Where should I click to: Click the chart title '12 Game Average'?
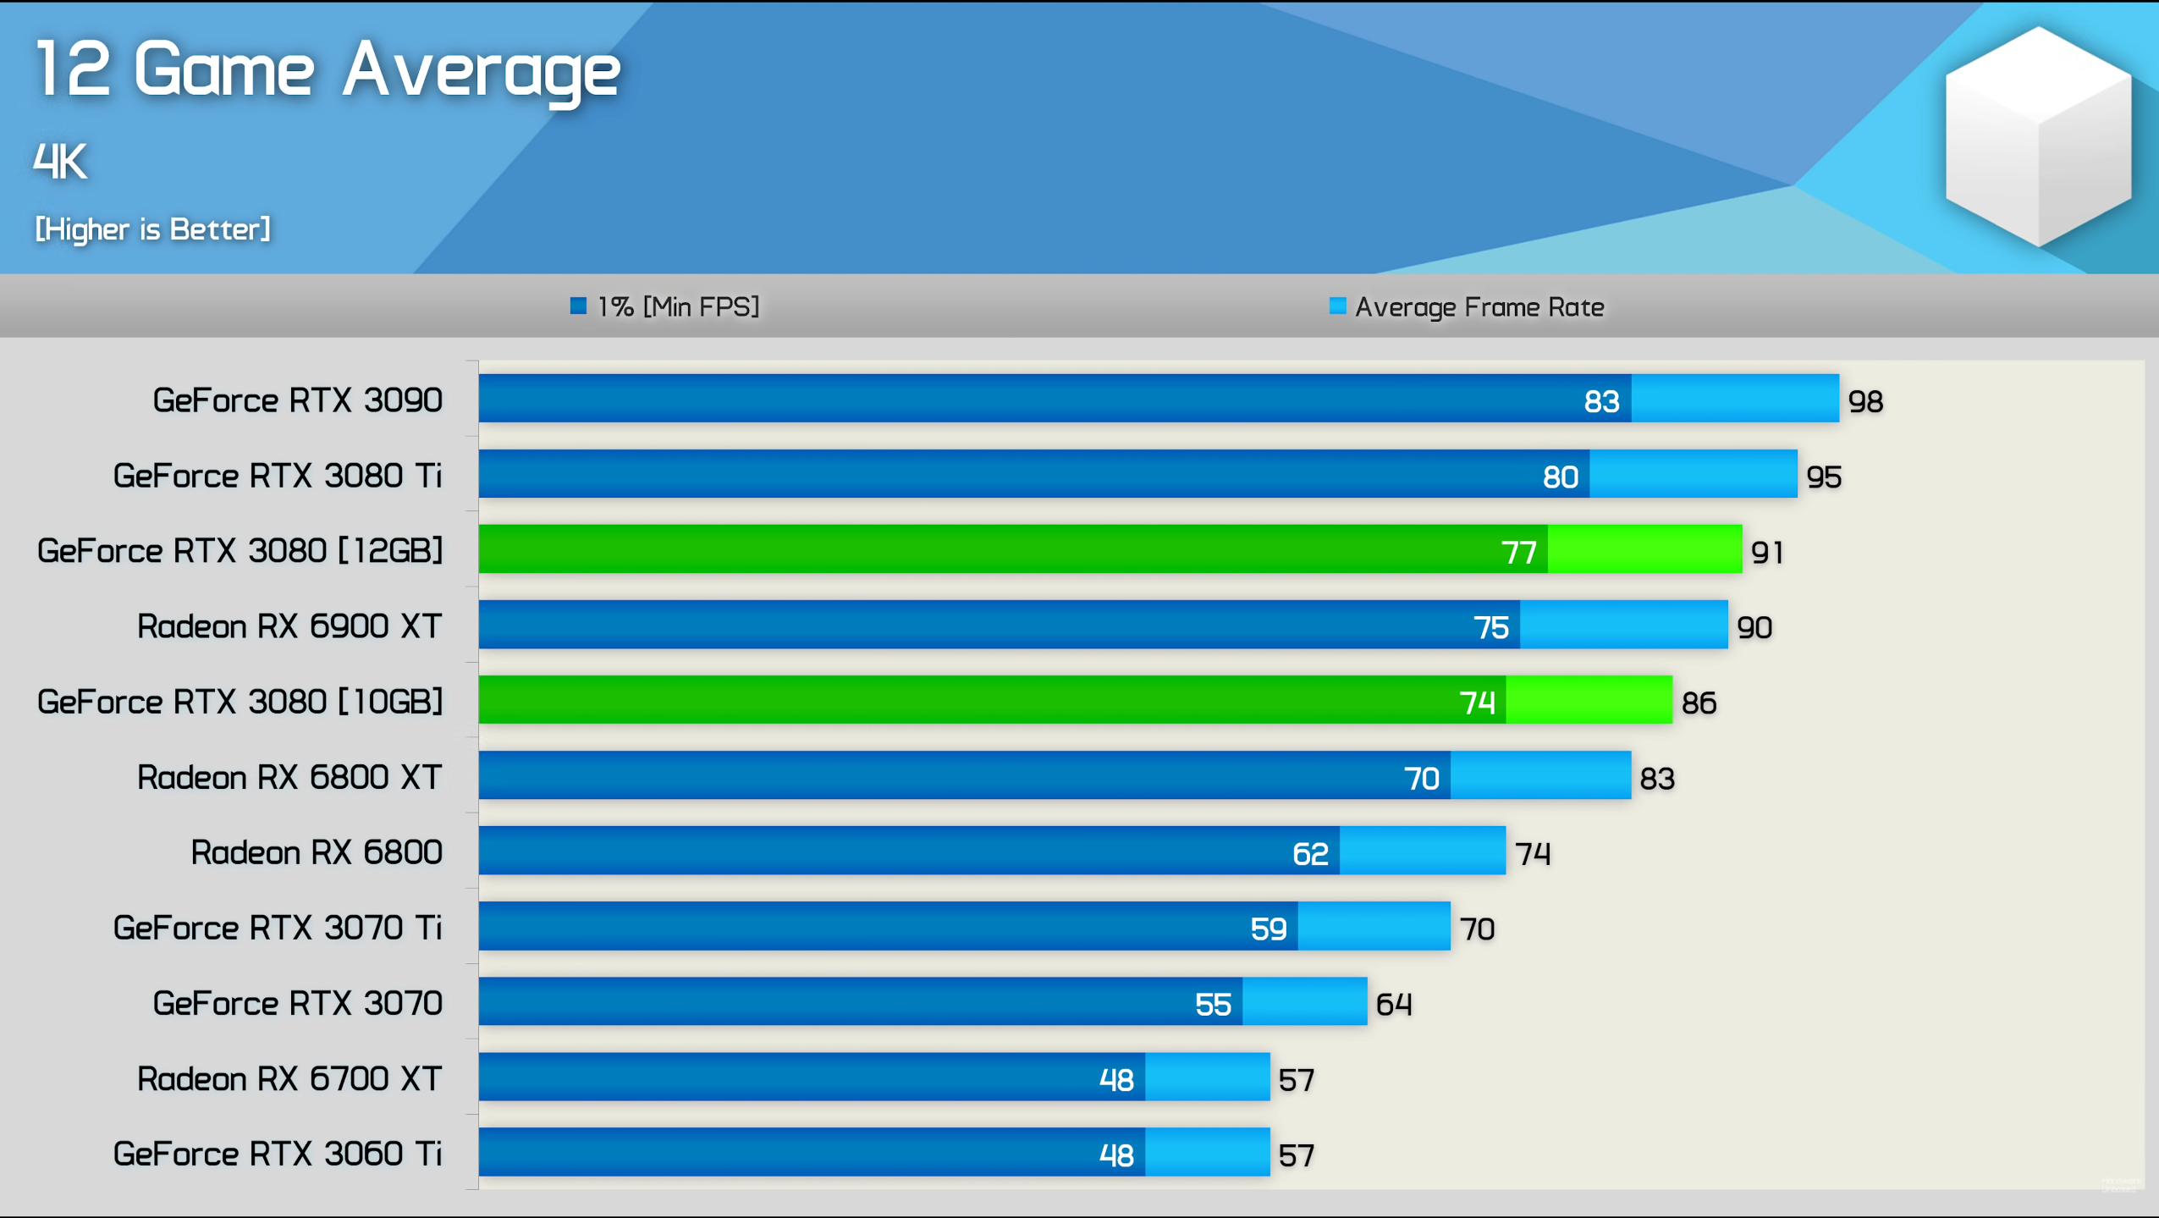(328, 71)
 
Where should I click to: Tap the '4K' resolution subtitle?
(60, 161)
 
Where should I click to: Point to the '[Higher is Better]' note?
(152, 229)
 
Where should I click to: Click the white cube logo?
(2037, 135)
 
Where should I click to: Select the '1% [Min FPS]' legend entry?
(666, 306)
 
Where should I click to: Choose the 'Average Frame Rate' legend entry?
(1468, 306)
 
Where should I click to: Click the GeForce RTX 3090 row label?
(297, 400)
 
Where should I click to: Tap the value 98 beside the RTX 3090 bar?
(1864, 401)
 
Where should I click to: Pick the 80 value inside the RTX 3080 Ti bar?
(1560, 477)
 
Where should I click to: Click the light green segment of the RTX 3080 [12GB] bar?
(1644, 549)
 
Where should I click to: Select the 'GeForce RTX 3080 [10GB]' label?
(240, 702)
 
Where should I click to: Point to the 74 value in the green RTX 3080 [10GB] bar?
(1477, 703)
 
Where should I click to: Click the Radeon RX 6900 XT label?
(289, 626)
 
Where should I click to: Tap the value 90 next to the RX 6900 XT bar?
(1754, 628)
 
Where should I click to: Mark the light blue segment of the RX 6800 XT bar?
(1539, 776)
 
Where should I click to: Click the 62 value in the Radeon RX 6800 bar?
(1309, 853)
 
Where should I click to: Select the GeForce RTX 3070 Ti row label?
(278, 928)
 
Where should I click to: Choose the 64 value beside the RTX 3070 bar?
(1393, 1005)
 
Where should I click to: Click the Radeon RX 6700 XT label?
(289, 1078)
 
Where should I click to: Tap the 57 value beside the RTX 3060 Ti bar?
(1296, 1155)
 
